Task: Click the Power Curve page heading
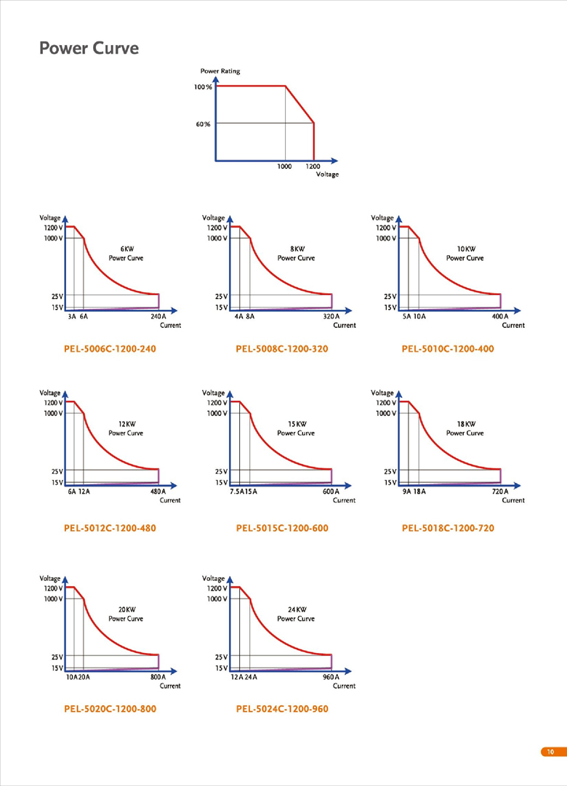[x=89, y=49]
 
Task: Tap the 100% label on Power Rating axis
[x=203, y=87]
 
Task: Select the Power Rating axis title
[x=220, y=71]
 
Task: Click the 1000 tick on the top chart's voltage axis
[x=284, y=167]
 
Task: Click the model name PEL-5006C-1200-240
[x=110, y=349]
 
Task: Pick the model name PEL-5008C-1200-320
[x=282, y=349]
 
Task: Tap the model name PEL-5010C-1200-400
[x=448, y=349]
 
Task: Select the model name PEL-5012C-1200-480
[x=110, y=528]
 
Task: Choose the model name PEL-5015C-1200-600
[x=282, y=528]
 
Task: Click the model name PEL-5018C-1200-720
[x=448, y=528]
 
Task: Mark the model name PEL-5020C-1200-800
[x=110, y=709]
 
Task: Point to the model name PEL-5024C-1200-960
[x=282, y=709]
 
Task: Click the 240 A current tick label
[x=158, y=317]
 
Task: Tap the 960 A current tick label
[x=331, y=677]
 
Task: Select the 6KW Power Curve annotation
[x=126, y=253]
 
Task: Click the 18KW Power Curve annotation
[x=465, y=428]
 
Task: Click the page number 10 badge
[x=550, y=752]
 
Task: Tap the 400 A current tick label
[x=500, y=317]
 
